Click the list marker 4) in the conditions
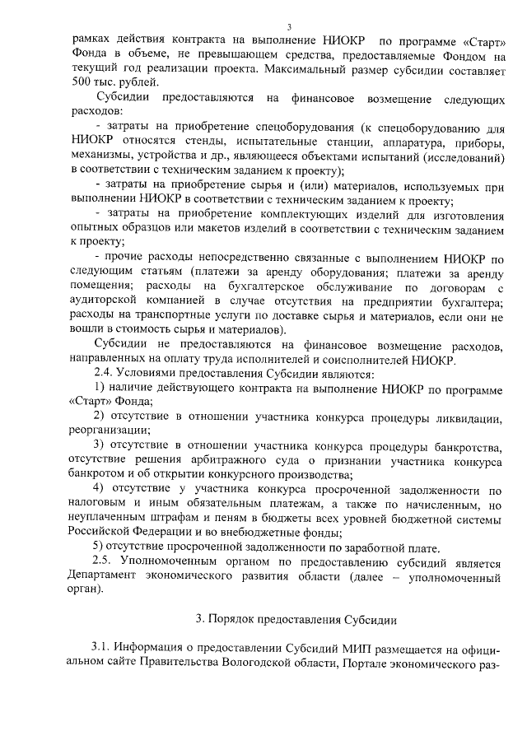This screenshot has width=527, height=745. coord(98,490)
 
